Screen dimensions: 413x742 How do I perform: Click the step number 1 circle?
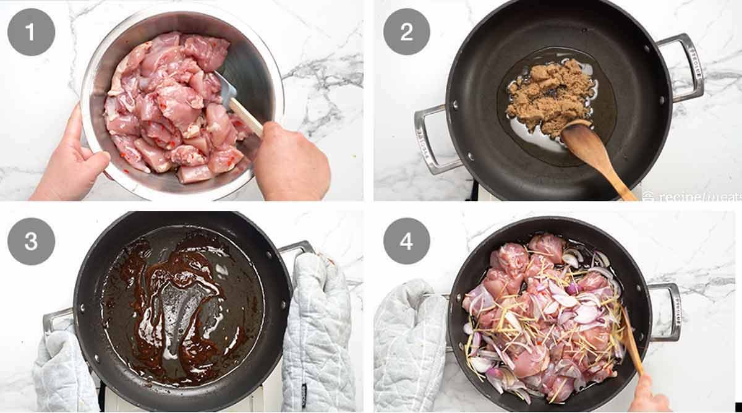coord(31,32)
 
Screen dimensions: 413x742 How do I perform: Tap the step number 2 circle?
coord(406,32)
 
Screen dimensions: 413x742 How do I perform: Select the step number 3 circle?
coord(31,241)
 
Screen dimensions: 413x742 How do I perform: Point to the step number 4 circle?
coord(406,241)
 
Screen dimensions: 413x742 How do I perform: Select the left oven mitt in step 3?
coord(62,371)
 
